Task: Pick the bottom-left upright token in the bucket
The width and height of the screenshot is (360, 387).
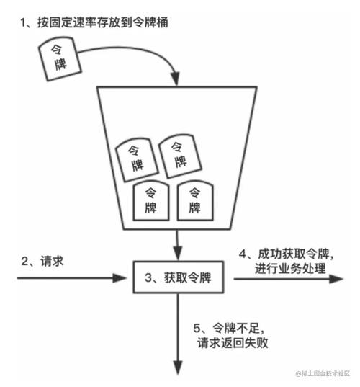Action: (x=152, y=200)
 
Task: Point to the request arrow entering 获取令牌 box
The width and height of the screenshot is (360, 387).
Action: (x=72, y=276)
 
